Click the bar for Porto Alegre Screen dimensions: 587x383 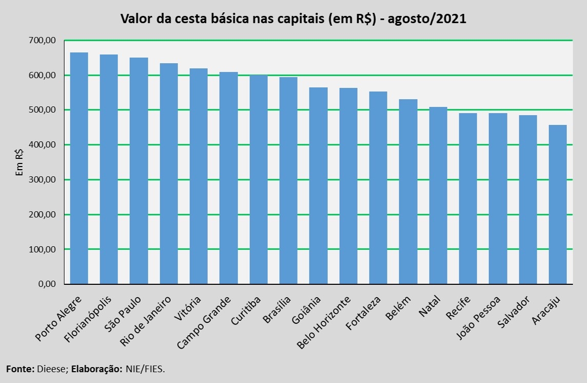pos(79,168)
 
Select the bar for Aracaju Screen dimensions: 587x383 pos(558,205)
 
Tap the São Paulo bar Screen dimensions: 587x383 pos(139,171)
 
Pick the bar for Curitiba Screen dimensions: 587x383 pos(259,180)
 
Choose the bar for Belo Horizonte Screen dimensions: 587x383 pos(348,186)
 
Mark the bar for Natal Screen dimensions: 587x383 pos(438,195)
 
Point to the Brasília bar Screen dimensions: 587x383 pos(289,180)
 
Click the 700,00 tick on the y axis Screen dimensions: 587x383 pos(42,40)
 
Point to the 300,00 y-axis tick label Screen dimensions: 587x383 pos(42,180)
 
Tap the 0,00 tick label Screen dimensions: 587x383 pos(47,284)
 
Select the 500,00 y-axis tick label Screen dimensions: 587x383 pos(42,110)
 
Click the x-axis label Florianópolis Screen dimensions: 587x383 pos(88,319)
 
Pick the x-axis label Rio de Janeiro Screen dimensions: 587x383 pos(145,321)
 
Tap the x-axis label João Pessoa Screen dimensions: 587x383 pos(478,318)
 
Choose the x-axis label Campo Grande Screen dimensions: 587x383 pos(204,323)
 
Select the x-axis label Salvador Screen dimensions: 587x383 pos(514,312)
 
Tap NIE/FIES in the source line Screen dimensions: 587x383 pos(145,369)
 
